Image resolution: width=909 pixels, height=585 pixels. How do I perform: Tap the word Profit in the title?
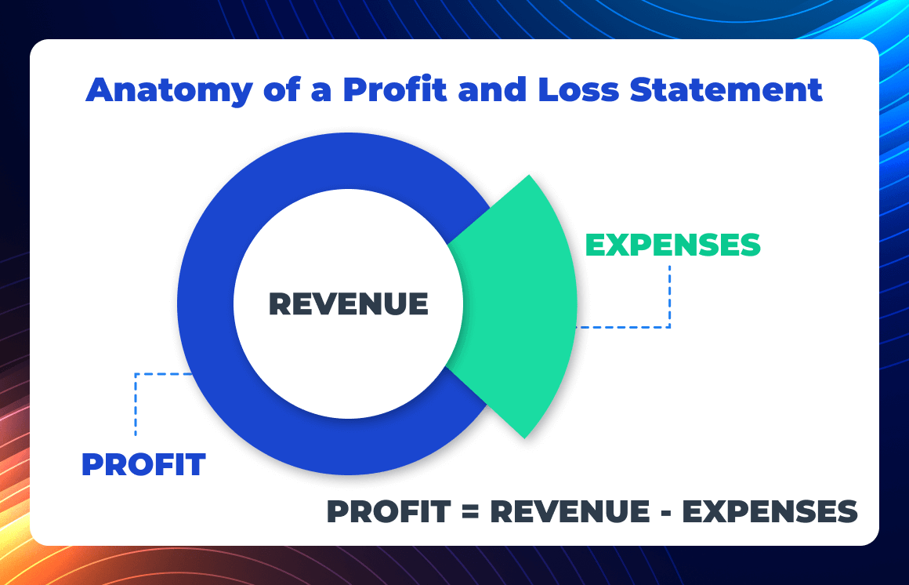pos(394,90)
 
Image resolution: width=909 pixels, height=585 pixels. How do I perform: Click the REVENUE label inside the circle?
pos(349,303)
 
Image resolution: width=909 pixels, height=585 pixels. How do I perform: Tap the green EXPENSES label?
pos(673,245)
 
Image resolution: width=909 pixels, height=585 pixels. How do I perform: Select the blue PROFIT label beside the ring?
pos(143,464)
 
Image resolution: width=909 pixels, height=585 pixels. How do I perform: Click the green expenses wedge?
pos(521,306)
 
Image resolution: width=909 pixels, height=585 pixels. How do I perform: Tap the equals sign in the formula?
pos(469,512)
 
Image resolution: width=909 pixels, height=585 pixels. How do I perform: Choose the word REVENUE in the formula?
pos(569,512)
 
